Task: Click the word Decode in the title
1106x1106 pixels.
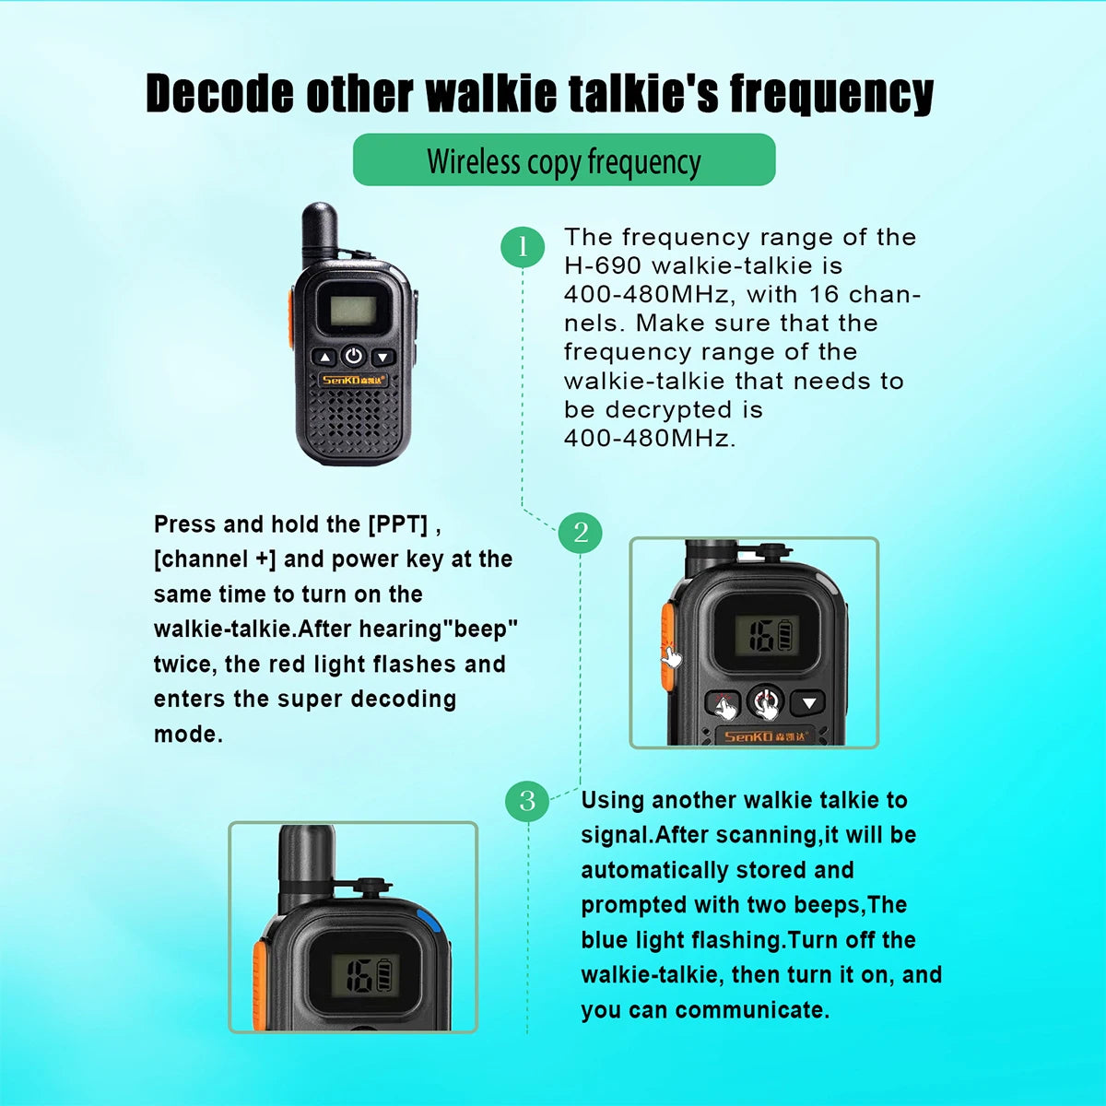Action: pos(218,94)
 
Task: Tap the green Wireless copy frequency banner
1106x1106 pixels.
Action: pos(564,160)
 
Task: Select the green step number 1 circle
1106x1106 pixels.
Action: pos(523,246)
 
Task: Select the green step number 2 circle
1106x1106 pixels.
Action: pos(580,532)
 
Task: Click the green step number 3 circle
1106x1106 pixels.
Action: pos(527,800)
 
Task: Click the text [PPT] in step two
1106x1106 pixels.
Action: pos(398,524)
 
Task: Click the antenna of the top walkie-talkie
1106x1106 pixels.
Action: pos(320,230)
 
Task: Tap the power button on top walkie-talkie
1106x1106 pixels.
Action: pos(353,356)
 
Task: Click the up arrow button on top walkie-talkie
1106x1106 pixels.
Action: pos(324,357)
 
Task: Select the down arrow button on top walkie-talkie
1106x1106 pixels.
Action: pos(382,357)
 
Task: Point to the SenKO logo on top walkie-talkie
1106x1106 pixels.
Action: pos(354,380)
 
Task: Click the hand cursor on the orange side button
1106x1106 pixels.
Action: pos(672,656)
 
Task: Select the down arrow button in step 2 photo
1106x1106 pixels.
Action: pos(808,703)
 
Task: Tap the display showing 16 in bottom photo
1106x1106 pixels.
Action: pos(365,974)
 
